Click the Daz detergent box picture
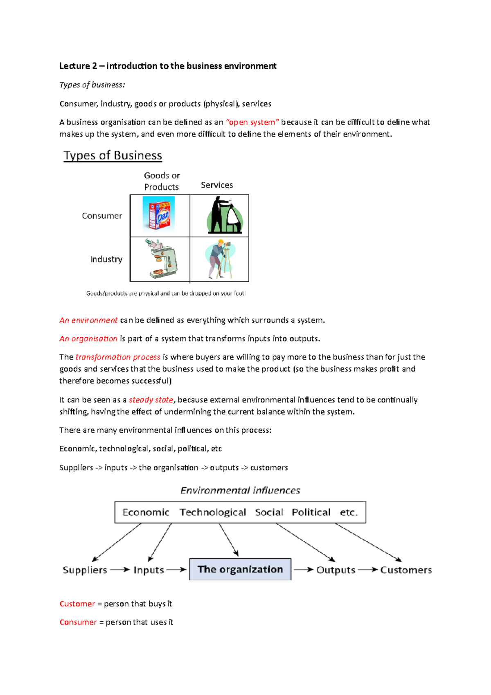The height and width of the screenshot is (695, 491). pyautogui.click(x=159, y=214)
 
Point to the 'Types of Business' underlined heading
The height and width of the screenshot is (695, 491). pyautogui.click(x=113, y=156)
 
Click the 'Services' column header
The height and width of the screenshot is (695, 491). pyautogui.click(x=217, y=185)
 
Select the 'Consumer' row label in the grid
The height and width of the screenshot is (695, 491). pyautogui.click(x=102, y=216)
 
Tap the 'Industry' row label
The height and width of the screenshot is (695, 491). pyautogui.click(x=106, y=259)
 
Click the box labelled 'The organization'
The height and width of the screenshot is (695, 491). pyautogui.click(x=240, y=569)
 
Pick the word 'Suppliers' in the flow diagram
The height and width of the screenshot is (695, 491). pyautogui.click(x=85, y=570)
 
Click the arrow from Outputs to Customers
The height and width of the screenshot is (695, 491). pyautogui.click(x=367, y=570)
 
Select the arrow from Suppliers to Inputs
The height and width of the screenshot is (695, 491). pyautogui.click(x=120, y=570)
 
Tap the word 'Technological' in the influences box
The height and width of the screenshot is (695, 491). pyautogui.click(x=213, y=512)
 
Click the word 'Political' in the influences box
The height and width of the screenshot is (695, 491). pyautogui.click(x=311, y=512)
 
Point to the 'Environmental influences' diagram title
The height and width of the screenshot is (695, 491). pyautogui.click(x=240, y=490)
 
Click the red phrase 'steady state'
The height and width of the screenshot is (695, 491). pyautogui.click(x=151, y=400)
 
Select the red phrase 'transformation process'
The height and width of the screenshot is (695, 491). pyautogui.click(x=118, y=357)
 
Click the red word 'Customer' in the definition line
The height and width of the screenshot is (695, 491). pyautogui.click(x=77, y=604)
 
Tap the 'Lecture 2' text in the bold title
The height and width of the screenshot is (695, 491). pyautogui.click(x=78, y=66)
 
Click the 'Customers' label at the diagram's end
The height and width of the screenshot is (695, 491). pyautogui.click(x=406, y=570)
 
